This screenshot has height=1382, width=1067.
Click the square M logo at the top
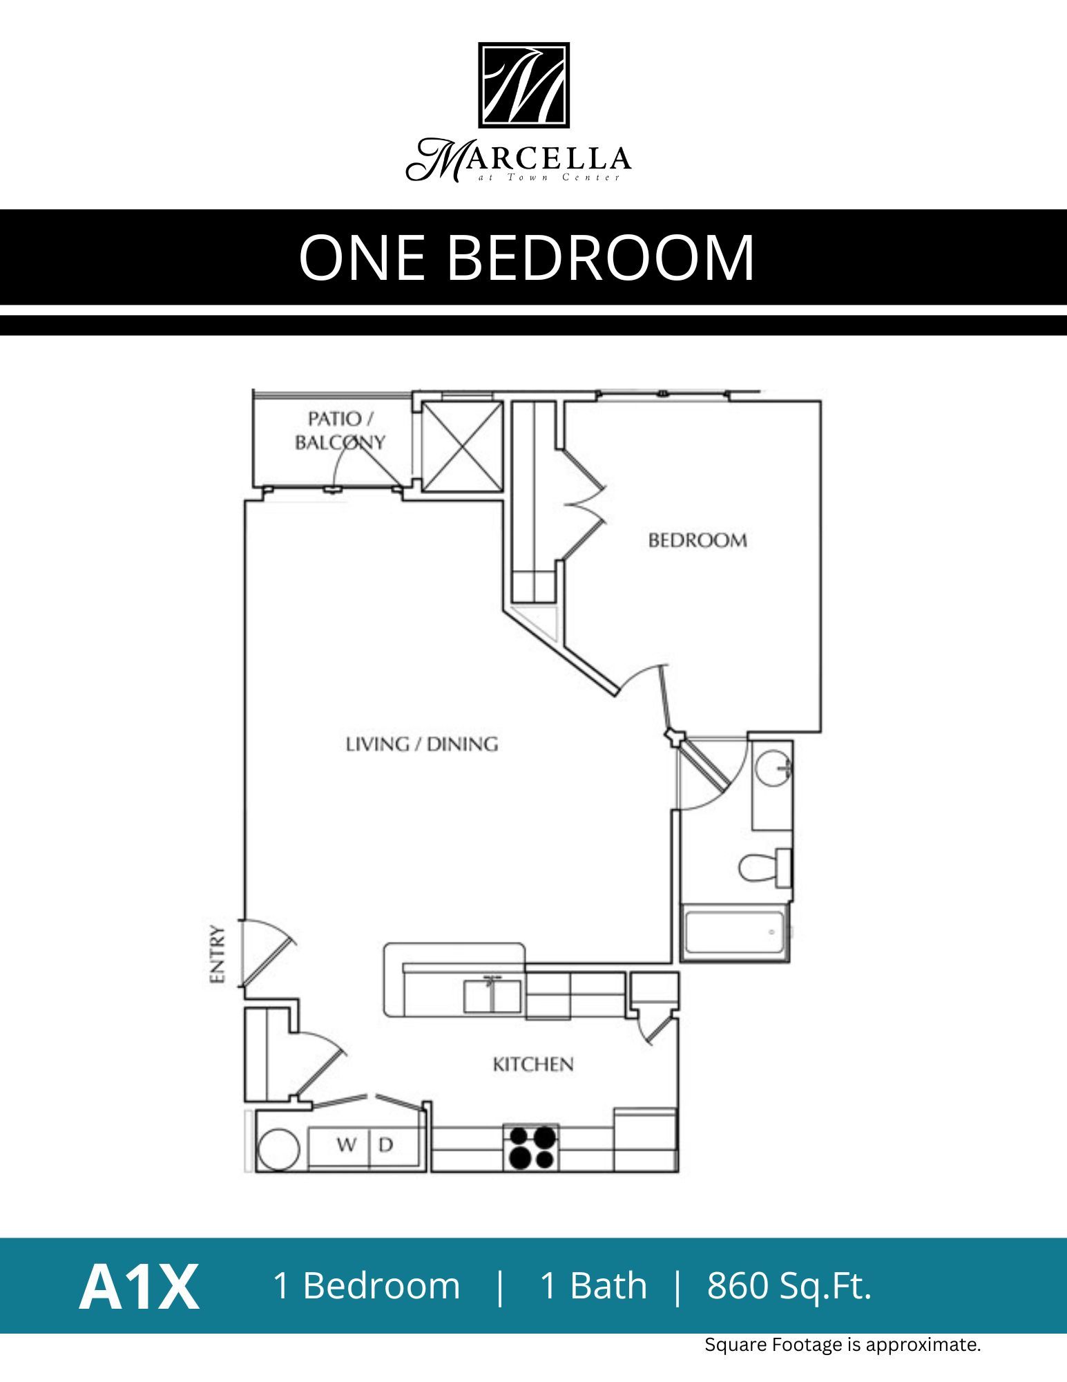point(523,85)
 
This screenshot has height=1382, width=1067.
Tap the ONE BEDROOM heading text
point(526,258)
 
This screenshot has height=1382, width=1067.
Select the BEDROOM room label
point(698,540)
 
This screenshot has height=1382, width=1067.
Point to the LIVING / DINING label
point(421,744)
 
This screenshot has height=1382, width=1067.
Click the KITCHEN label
point(532,1064)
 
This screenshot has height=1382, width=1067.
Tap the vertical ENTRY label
point(218,954)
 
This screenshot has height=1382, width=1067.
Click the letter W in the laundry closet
point(346,1145)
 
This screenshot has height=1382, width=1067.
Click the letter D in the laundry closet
point(386,1145)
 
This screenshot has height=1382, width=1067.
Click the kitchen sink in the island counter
point(492,996)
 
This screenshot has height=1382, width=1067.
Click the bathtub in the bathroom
point(734,933)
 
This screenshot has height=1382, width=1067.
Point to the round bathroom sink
point(771,768)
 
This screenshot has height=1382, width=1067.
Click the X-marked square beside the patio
point(461,446)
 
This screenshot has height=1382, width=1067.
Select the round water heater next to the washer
point(278,1148)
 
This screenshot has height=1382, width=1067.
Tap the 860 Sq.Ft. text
point(789,1286)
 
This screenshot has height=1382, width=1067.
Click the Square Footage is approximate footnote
point(842,1345)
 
